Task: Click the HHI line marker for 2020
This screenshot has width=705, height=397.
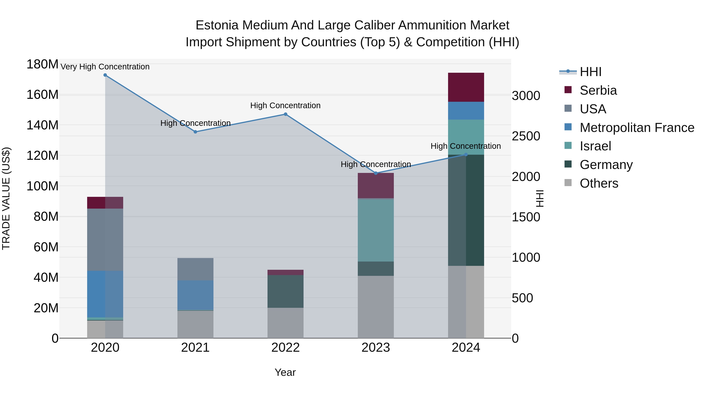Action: point(105,75)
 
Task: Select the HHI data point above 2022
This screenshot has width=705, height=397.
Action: point(286,114)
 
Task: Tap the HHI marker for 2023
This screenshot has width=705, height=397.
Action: point(376,173)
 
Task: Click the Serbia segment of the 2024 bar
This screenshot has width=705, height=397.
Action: point(466,87)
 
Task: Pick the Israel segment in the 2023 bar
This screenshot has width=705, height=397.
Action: point(376,230)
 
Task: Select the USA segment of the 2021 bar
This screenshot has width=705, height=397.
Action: point(195,269)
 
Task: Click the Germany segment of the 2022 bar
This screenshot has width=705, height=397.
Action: point(286,291)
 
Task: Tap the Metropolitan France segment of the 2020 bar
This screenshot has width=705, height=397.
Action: point(105,294)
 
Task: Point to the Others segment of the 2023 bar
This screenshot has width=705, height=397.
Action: point(376,307)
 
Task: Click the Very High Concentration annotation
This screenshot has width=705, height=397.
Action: point(105,67)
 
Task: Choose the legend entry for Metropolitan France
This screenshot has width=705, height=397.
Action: point(637,128)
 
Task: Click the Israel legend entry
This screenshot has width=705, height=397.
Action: point(595,146)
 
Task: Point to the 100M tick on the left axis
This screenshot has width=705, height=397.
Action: point(42,186)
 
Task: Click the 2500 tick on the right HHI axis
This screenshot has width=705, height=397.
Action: point(526,136)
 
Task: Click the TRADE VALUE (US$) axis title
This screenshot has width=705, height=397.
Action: point(6,198)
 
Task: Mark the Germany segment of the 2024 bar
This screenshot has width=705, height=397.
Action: point(466,210)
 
